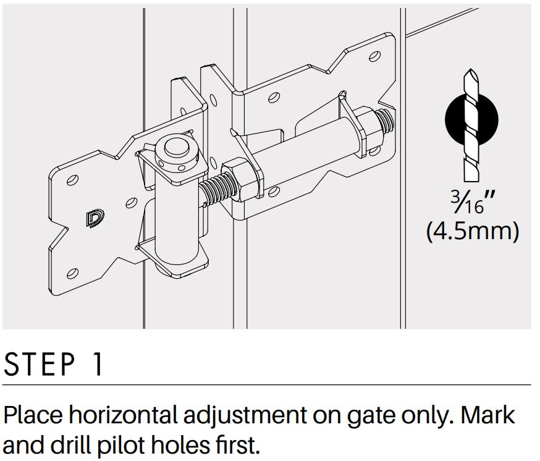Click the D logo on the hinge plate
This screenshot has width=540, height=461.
pyautogui.click(x=95, y=219)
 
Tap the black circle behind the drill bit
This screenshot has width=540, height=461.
pyautogui.click(x=471, y=119)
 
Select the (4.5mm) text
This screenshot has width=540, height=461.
pyautogui.click(x=473, y=231)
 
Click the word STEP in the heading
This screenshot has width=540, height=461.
pyautogui.click(x=40, y=364)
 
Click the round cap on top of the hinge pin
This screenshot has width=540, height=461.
pyautogui.click(x=176, y=148)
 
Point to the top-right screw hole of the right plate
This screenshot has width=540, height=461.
pyautogui.click(x=374, y=56)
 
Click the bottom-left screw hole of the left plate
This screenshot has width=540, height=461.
pyautogui.click(x=72, y=273)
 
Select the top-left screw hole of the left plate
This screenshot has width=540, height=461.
pyautogui.click(x=72, y=180)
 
